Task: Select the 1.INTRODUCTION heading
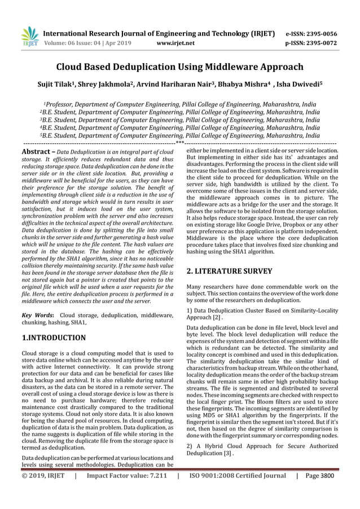pyautogui.click(x=54, y=338)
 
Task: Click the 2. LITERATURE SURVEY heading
pyautogui.click(x=230, y=271)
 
